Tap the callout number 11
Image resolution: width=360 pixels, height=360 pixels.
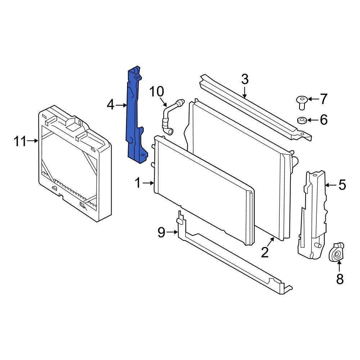21,141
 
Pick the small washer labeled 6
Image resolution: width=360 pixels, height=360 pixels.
302,120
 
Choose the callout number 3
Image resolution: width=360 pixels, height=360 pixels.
244,79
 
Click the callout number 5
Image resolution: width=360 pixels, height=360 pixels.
342,185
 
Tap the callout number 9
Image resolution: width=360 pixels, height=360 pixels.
161,233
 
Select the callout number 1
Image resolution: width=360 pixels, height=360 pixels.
138,183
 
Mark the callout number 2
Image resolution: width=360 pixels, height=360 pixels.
265,253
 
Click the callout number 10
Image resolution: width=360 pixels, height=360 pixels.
157,92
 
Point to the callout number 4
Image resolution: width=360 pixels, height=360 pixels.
111,105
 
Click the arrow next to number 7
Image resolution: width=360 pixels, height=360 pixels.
311,99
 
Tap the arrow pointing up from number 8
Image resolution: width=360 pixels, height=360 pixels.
339,267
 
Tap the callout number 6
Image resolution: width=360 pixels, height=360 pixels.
324,120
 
